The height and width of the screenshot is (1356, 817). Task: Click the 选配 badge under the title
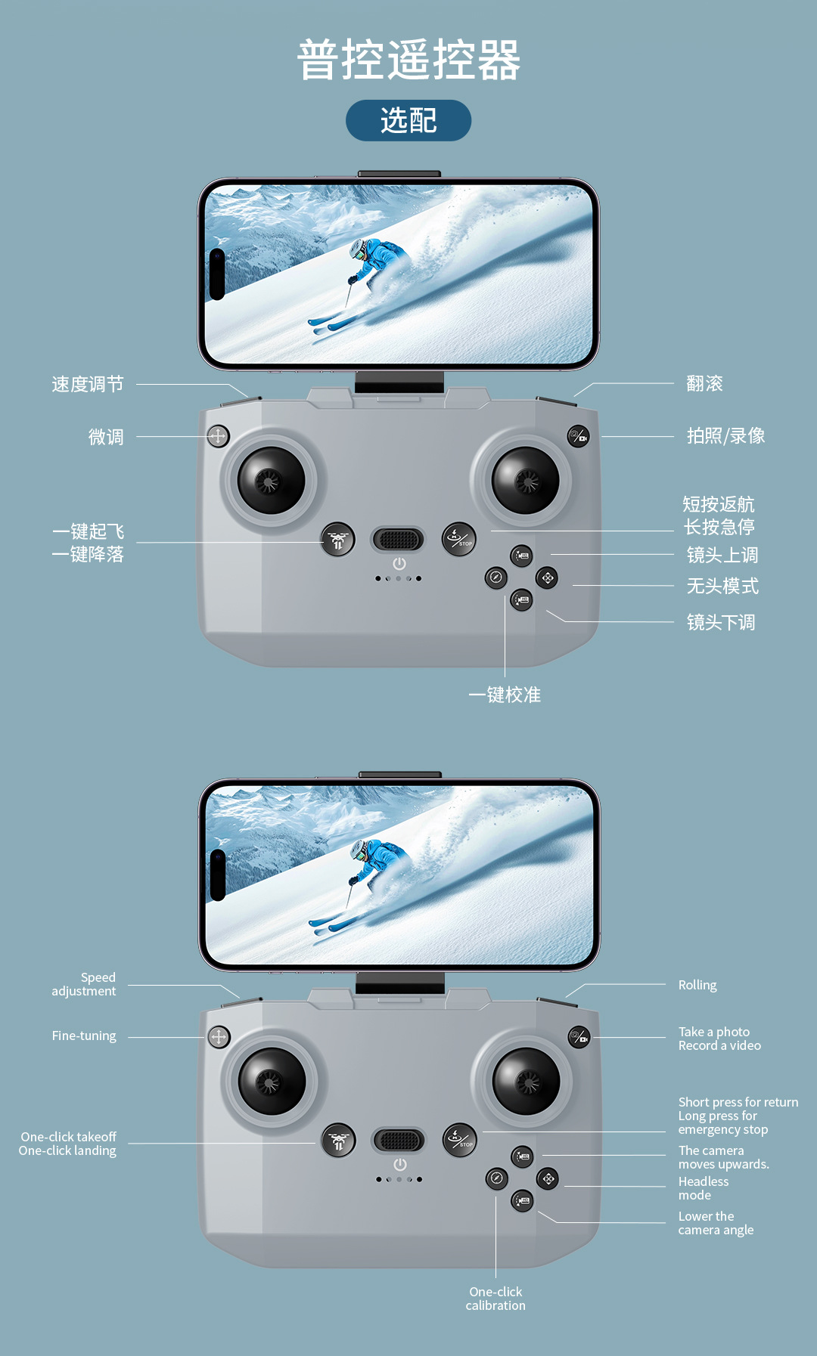coord(408,120)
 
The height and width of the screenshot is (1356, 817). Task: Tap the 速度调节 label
coord(88,384)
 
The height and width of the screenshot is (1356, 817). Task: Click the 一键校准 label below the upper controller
coord(505,695)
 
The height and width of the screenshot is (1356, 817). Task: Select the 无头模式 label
coord(722,586)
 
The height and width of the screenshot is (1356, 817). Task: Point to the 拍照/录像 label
coord(725,436)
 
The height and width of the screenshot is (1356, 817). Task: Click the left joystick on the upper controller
coord(271,480)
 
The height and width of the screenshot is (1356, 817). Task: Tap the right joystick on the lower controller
coord(526,1081)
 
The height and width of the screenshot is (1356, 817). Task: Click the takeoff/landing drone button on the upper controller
coord(337,540)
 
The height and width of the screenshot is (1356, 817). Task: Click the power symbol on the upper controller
coord(399,564)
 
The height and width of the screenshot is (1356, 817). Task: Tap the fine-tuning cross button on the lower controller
coord(219,1036)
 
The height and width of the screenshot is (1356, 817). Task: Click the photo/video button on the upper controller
coord(579,436)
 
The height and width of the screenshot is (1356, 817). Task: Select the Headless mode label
coord(703,1188)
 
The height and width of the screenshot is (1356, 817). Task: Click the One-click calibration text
coord(495,1299)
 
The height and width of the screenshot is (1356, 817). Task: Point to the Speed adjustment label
coord(84,984)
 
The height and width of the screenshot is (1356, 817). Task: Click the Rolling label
coord(697,985)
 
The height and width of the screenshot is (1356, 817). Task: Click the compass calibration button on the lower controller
coord(496,1178)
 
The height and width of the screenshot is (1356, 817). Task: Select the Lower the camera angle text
coord(715,1223)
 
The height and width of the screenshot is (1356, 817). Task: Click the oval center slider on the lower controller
coord(399,1140)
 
